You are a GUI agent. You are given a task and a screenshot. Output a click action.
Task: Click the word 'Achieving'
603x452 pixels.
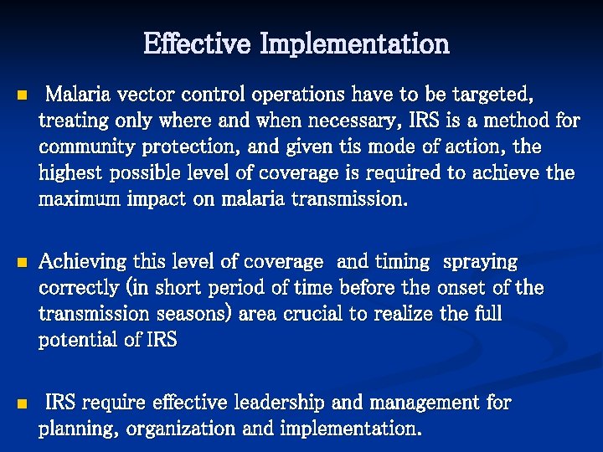tap(80, 263)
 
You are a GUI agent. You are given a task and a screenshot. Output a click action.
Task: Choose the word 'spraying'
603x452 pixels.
tap(480, 263)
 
